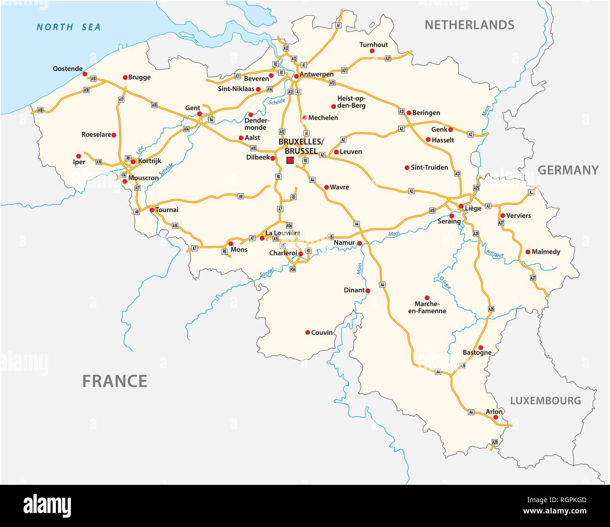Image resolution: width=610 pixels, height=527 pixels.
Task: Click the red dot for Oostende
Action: [84, 74]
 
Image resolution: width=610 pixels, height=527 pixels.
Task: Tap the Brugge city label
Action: [139, 77]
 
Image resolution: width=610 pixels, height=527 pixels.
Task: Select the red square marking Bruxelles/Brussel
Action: [290, 160]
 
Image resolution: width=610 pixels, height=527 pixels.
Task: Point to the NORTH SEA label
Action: [69, 27]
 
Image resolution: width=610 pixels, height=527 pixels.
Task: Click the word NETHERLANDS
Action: [469, 25]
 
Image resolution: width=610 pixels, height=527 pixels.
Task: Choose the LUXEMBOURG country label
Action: [545, 401]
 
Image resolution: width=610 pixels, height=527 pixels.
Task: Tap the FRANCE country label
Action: [114, 381]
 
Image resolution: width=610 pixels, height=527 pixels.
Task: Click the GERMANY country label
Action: [568, 170]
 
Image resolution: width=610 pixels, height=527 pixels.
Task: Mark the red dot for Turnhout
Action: [372, 51]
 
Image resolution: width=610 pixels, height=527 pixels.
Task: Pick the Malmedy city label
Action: [546, 252]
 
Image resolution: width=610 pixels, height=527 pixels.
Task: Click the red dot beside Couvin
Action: [308, 332]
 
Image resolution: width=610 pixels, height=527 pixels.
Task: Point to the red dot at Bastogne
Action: [480, 347]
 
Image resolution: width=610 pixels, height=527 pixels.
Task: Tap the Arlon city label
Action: [494, 412]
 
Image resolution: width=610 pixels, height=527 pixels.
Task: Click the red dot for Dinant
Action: [368, 291]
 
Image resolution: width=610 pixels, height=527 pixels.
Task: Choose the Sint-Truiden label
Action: [429, 167]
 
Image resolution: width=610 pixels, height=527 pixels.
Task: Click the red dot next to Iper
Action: [79, 156]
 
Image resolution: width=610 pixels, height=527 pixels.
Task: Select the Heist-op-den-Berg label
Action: [351, 102]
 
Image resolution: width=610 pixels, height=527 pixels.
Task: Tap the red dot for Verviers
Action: [503, 216]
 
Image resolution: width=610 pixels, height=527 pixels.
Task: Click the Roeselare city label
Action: [96, 135]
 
